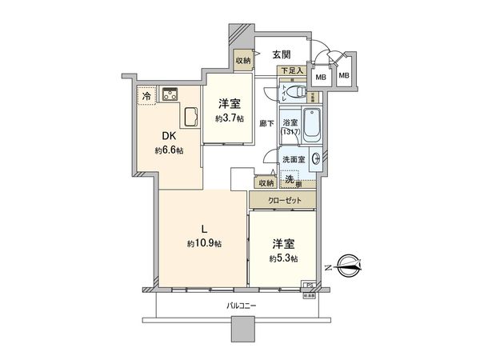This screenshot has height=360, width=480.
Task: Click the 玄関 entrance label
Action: [280, 54]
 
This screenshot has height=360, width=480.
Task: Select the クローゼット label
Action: [285, 200]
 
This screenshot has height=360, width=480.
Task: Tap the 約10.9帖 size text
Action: [205, 243]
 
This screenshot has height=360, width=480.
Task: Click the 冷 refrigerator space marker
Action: [146, 96]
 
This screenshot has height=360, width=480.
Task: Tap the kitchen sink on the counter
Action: [193, 118]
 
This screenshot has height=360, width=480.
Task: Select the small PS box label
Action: [306, 284]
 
